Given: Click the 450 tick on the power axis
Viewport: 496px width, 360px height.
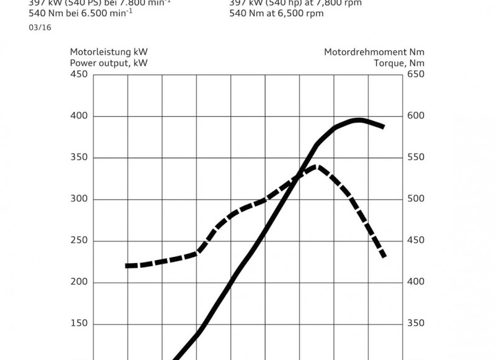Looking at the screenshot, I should pos(79,74).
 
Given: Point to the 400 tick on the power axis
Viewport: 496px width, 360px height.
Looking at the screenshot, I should pos(79,116).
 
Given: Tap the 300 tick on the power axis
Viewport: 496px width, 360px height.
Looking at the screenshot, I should pos(79,199).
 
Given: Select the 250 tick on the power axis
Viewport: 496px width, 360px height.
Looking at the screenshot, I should pos(79,241).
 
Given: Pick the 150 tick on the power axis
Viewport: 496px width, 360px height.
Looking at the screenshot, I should pos(79,324).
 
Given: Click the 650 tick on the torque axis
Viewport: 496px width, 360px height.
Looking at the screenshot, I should pos(415,74).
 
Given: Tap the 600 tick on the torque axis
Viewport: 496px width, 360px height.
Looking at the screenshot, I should pos(415,116).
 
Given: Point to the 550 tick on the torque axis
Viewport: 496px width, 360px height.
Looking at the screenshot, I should pos(415,158).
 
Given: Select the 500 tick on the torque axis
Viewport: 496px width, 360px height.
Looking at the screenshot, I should pos(415,199).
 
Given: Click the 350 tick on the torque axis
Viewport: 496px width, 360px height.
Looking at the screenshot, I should pos(415,324).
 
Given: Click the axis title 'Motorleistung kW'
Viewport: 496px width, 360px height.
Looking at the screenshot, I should pos(109,52).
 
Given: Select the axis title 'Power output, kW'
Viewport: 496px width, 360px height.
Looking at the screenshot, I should pos(109,63).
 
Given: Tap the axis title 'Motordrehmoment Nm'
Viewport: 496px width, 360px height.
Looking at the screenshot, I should pos(374,52).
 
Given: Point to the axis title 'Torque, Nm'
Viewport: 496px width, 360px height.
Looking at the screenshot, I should pos(399,63).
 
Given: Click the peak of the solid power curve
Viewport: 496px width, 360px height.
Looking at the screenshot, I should pos(358,120).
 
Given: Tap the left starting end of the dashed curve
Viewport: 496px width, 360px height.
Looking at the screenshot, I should pos(128,266).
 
